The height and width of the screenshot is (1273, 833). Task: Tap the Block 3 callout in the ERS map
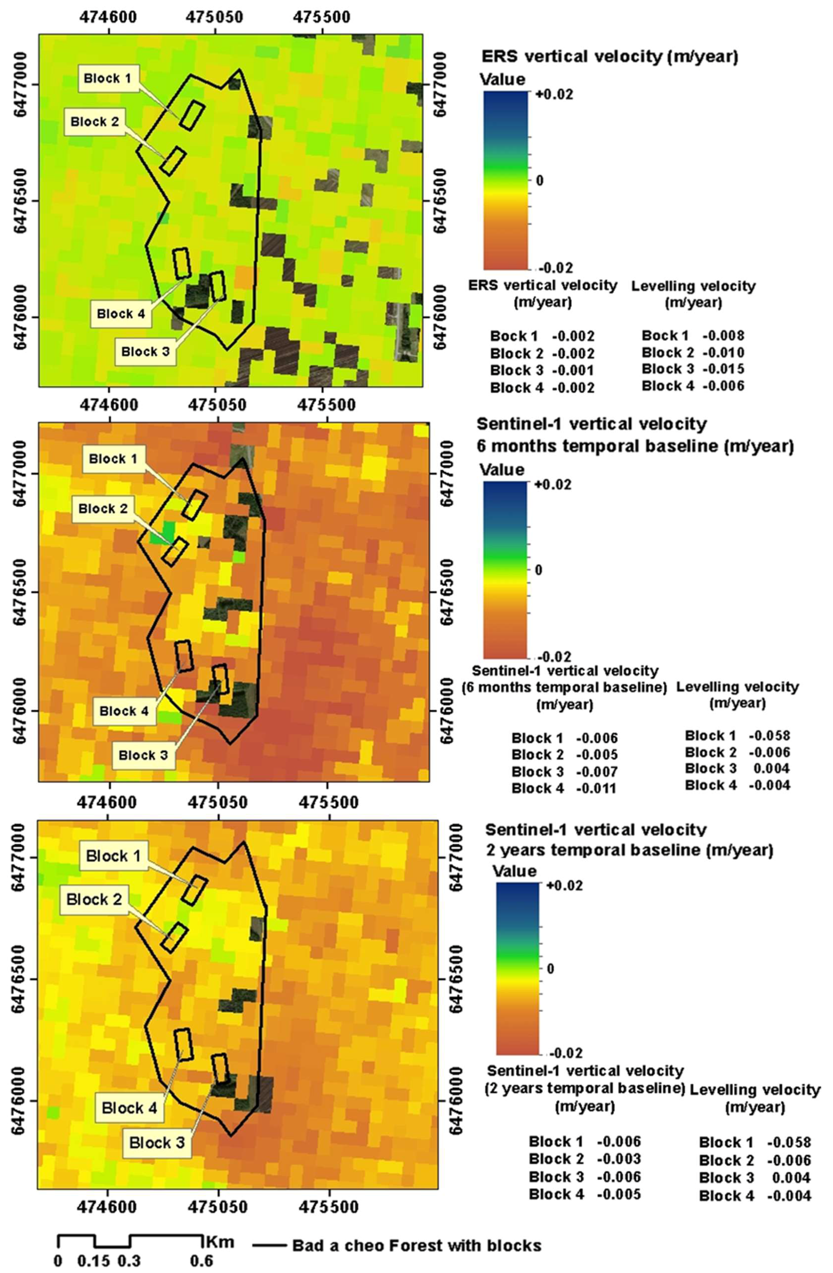pyautogui.click(x=145, y=351)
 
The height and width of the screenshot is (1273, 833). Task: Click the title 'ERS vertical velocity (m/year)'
pyautogui.click(x=610, y=56)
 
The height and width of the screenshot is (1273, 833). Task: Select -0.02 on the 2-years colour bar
pyautogui.click(x=565, y=1053)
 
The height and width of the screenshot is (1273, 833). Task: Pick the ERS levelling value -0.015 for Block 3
pyautogui.click(x=723, y=369)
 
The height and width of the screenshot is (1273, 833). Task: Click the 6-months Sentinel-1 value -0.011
pyautogui.click(x=597, y=789)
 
